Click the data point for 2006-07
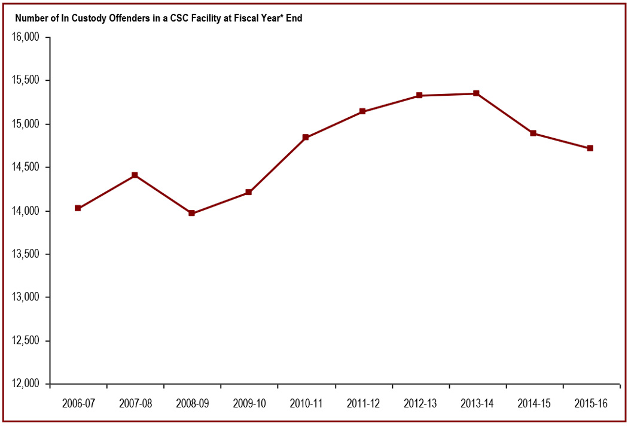(x=78, y=208)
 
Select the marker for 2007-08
(x=135, y=175)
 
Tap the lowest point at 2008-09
(x=191, y=213)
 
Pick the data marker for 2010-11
(x=306, y=138)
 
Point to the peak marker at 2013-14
(x=476, y=93)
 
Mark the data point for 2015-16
(x=590, y=148)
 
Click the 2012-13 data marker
(x=419, y=95)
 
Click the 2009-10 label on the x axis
(x=249, y=404)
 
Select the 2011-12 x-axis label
(x=363, y=404)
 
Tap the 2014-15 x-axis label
(x=534, y=404)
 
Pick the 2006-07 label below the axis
(x=78, y=404)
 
